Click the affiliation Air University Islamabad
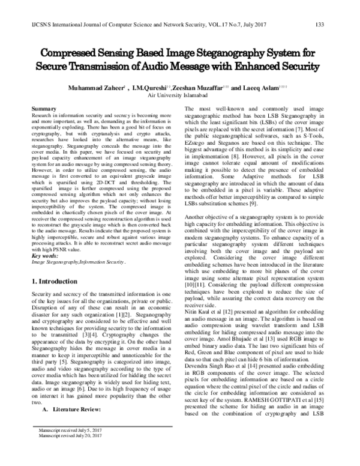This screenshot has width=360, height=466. click(180, 95)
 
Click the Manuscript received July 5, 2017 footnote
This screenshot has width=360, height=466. click(70, 446)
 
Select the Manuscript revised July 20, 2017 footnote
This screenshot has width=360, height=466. click(70, 452)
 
